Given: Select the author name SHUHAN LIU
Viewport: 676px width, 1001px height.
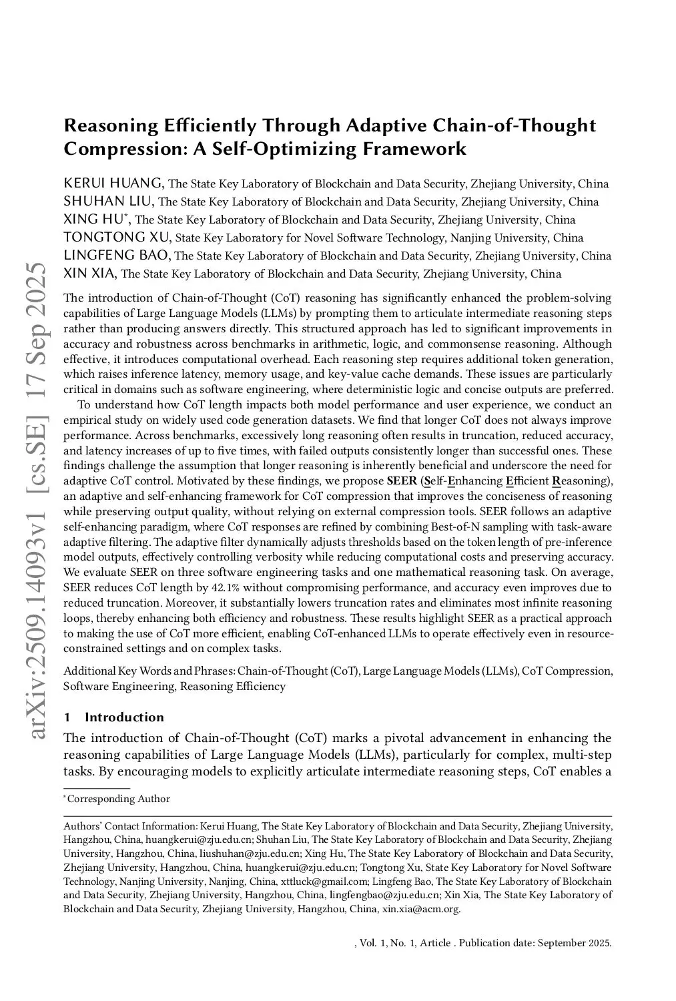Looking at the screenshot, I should (x=109, y=202).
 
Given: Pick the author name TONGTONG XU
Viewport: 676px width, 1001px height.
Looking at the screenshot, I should (x=117, y=238).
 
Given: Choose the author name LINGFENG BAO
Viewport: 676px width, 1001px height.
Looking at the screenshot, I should (x=117, y=256).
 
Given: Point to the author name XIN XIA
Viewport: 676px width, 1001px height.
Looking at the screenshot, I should (x=90, y=274).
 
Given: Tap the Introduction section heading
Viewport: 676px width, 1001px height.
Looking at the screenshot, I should (x=124, y=717).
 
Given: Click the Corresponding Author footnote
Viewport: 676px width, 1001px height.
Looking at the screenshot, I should (x=118, y=799).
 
